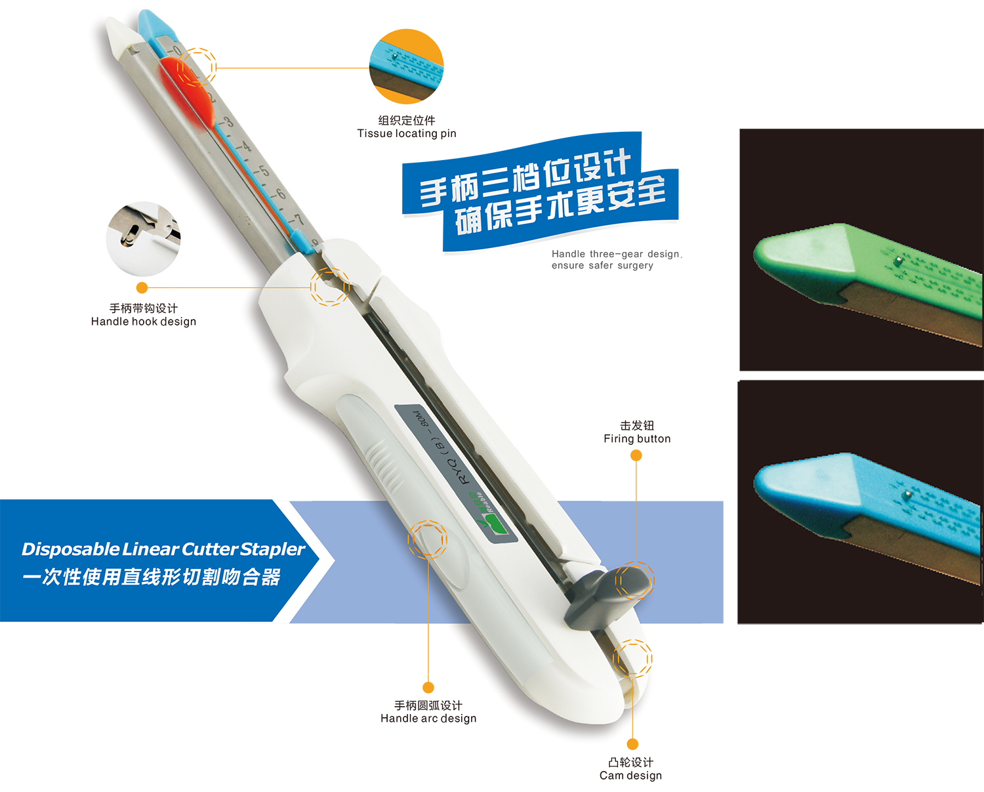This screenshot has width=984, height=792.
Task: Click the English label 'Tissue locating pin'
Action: (407, 134)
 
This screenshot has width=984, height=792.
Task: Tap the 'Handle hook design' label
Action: (144, 322)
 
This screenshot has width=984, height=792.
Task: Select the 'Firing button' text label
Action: (637, 439)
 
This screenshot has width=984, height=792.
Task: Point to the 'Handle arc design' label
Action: (428, 719)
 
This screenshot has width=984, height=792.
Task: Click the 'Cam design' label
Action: (630, 776)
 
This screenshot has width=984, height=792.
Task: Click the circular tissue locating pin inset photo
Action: (406, 67)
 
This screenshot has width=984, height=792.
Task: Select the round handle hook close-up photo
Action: (143, 239)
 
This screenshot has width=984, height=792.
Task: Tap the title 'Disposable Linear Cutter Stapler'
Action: (163, 549)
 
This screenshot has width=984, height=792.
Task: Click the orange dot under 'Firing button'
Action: (636, 455)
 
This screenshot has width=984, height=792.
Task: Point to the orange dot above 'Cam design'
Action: (632, 744)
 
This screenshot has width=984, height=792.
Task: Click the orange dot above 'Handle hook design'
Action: (142, 288)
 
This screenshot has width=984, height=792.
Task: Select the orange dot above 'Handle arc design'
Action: (428, 688)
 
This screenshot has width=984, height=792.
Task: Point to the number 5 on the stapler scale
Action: (264, 171)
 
